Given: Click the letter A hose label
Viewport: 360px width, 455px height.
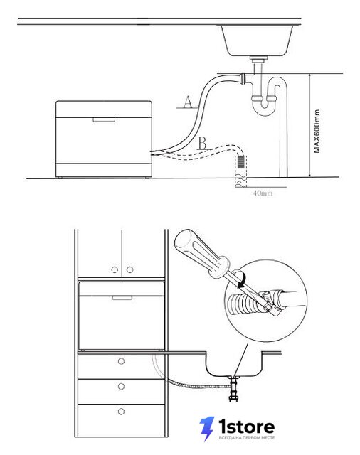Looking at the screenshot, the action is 188,102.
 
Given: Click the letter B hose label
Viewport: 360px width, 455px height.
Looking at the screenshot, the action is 203,144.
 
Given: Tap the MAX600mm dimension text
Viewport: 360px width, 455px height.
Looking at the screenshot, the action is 317,131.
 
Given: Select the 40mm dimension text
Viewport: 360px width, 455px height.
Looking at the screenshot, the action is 263,193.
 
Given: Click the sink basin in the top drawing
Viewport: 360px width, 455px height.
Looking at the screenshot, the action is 258,41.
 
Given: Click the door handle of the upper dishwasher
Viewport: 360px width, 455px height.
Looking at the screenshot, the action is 104,120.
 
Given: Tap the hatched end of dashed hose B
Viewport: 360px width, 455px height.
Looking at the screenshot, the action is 241,161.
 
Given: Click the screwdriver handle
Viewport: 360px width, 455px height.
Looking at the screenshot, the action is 202,254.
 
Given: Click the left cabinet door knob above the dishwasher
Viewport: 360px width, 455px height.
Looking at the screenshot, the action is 115,270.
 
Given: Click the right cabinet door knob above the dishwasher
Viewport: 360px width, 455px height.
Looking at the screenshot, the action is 129,270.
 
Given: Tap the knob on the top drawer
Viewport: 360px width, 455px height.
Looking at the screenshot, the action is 122,361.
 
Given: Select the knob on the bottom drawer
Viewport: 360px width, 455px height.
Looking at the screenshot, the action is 122,412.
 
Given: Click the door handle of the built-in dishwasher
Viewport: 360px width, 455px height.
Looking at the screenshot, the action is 122,298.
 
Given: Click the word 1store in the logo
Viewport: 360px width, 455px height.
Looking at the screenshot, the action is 246,427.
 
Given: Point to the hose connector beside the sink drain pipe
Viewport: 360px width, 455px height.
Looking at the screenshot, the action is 243,78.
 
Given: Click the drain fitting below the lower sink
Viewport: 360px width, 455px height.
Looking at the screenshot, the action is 233,389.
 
